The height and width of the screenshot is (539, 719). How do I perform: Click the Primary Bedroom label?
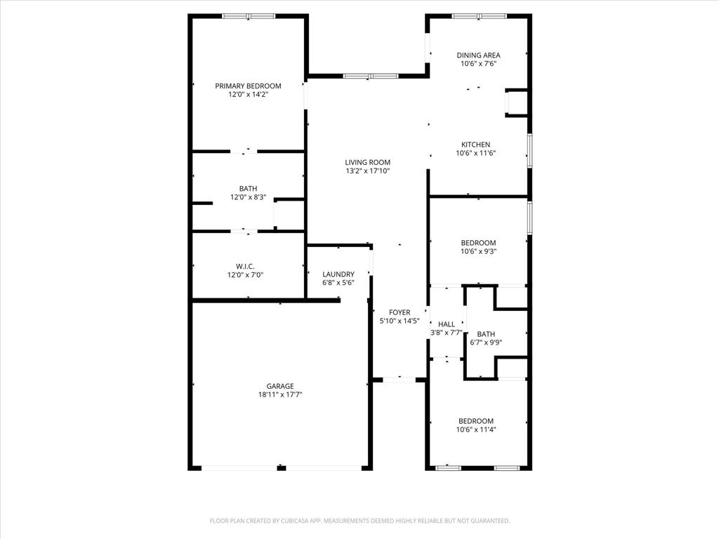[248, 86]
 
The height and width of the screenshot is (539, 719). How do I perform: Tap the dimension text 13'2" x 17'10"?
[367, 171]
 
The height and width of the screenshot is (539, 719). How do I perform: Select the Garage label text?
[279, 386]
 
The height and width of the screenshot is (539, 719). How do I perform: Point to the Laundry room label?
[338, 274]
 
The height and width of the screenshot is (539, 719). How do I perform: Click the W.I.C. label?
[245, 266]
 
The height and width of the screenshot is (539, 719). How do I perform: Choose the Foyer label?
[399, 312]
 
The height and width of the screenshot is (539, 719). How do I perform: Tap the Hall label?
[446, 324]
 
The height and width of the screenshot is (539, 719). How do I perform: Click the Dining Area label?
[478, 55]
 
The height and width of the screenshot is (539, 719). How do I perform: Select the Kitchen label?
[475, 145]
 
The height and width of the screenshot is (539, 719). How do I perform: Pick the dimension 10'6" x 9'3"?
[478, 251]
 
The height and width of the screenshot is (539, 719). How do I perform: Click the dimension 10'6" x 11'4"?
[476, 430]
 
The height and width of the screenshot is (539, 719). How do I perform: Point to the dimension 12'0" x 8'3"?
[248, 197]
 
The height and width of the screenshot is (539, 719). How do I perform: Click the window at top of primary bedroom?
[248, 15]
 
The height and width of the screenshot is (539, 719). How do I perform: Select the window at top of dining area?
[479, 15]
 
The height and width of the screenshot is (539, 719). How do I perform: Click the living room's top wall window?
[371, 76]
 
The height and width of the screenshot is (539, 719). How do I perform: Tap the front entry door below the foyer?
[400, 380]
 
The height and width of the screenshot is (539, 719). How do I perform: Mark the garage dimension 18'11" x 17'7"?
[279, 394]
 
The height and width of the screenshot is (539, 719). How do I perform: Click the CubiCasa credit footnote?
[359, 521]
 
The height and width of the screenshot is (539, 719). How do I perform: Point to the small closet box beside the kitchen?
[517, 103]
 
